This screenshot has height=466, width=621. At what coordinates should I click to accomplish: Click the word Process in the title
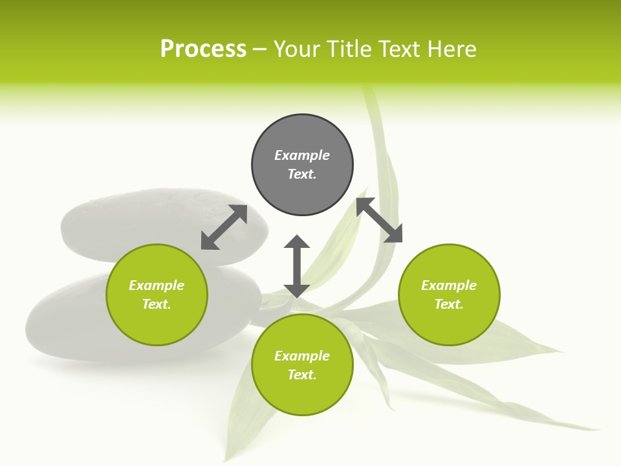[x=203, y=49]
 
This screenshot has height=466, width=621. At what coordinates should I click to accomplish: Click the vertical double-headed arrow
[x=297, y=266]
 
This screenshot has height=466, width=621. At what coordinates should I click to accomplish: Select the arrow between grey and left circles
[x=224, y=227]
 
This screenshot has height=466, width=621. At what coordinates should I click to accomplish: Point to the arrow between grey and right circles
[x=379, y=221]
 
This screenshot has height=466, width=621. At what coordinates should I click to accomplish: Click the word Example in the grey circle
[x=302, y=155]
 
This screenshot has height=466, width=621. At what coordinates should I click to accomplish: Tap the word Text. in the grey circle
[x=302, y=174]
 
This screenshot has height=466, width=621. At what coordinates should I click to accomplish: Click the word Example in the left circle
[x=157, y=285]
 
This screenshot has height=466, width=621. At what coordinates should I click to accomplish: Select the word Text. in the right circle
[x=449, y=304]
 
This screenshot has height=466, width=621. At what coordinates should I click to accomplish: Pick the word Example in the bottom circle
[x=302, y=356]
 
